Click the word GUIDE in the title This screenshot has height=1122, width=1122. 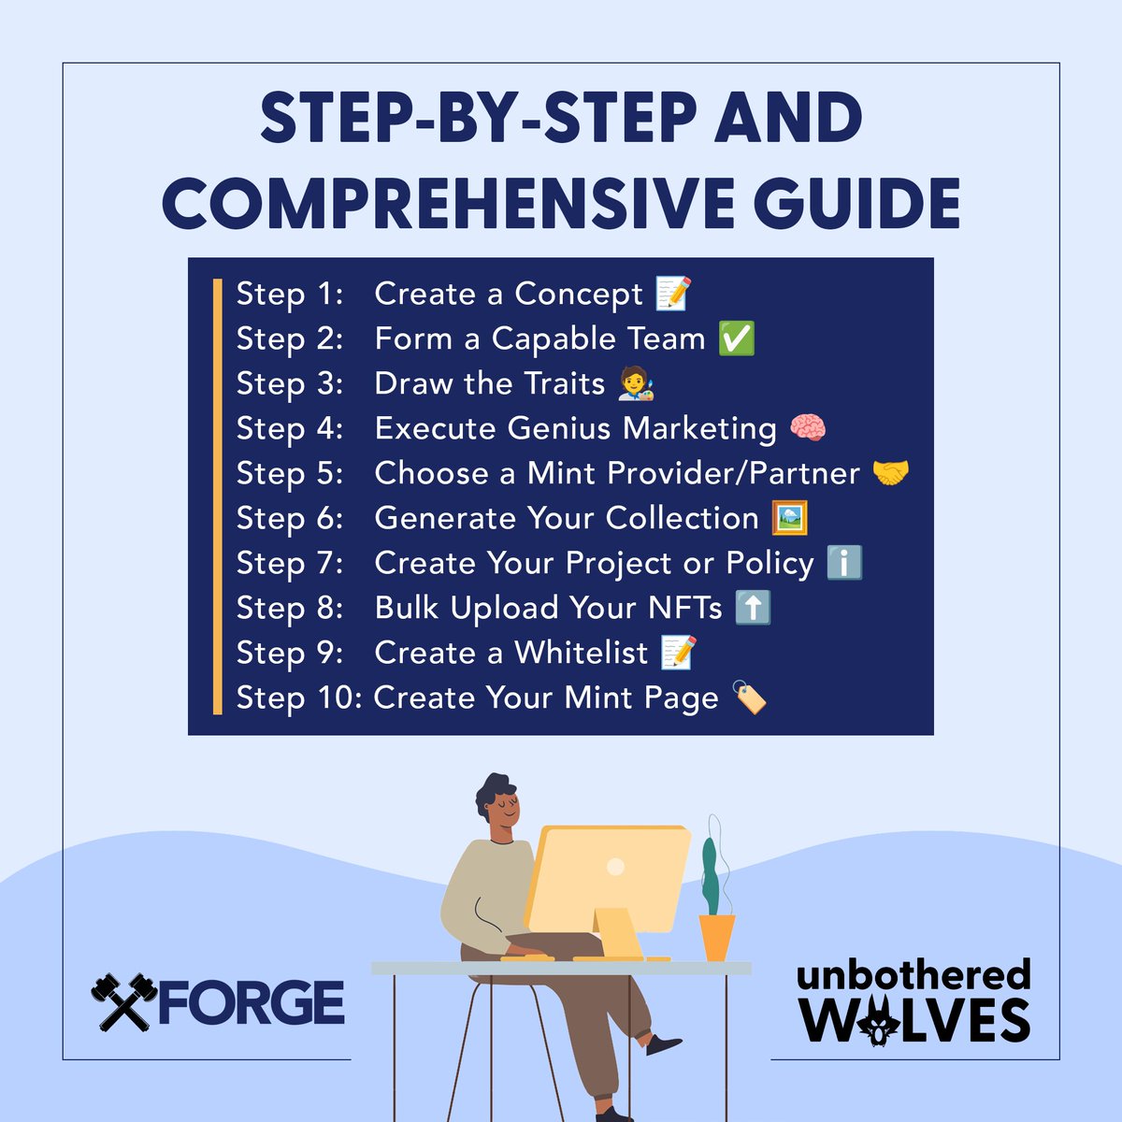856,203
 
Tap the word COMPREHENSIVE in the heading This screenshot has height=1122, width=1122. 449,203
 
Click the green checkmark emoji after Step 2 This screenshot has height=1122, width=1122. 737,338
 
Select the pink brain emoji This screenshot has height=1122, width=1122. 808,427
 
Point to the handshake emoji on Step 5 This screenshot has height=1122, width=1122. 890,472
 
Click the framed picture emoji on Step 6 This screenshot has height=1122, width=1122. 789,517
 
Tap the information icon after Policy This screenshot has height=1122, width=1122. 844,563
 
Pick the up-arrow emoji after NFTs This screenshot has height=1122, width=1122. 753,608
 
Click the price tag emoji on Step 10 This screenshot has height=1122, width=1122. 749,697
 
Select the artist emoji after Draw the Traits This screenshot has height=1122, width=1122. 636,383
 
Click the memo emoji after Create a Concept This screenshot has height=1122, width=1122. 673,293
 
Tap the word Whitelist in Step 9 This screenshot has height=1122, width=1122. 581,652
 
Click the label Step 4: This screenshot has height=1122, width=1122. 289,428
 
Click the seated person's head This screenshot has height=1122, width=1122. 497,801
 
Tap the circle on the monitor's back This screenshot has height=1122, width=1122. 615,867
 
